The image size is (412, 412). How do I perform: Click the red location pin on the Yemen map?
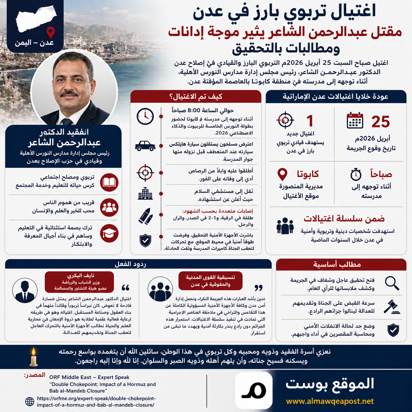[50, 32]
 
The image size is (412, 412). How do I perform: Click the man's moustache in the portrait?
[69, 94]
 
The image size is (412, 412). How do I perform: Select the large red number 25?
[380, 122]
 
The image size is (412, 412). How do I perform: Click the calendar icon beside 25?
[355, 121]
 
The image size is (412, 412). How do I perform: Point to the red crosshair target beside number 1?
[285, 120]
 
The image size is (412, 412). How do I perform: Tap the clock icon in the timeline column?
[145, 116]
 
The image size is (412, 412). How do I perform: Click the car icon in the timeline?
[145, 146]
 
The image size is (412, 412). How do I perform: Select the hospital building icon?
[145, 194]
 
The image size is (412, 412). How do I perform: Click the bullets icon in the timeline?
[146, 216]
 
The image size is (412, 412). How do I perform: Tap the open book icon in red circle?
[109, 182]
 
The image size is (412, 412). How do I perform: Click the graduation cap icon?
[109, 234]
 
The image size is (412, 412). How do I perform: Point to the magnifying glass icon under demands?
[392, 283]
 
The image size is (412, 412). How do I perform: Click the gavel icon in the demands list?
[392, 307]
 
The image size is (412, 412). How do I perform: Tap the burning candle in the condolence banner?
[34, 357]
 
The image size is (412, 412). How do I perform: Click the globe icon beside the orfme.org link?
[30, 401]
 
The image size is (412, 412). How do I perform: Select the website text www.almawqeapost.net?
[330, 401]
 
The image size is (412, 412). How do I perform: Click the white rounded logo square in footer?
[254, 390]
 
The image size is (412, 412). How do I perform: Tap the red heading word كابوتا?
[308, 174]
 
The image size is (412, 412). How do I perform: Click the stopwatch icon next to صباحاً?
[356, 174]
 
